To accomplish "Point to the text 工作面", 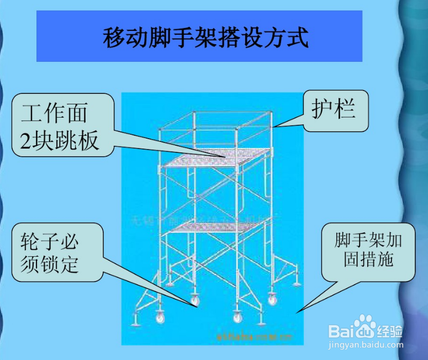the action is (54, 114).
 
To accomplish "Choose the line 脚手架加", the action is (368, 240).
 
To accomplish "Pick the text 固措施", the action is (368, 258).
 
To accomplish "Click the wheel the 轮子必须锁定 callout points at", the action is (195, 301).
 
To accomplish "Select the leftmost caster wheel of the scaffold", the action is (160, 318).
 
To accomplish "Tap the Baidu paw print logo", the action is (364, 326).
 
